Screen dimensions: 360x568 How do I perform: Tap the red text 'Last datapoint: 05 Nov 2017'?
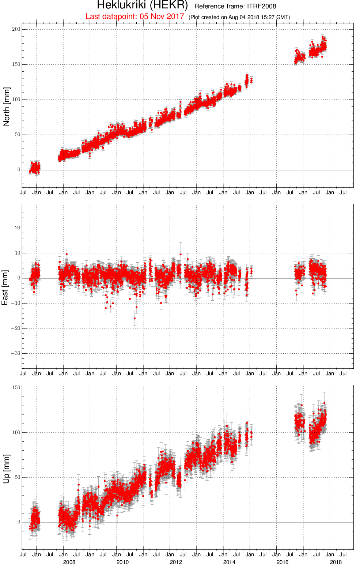(x=135, y=16)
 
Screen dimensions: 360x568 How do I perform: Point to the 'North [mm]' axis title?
(x=7, y=106)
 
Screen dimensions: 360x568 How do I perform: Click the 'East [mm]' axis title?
(x=5, y=287)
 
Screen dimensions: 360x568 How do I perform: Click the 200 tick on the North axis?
(x=16, y=29)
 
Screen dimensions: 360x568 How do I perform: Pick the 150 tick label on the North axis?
(x=16, y=64)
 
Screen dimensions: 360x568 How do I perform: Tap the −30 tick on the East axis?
(x=15, y=353)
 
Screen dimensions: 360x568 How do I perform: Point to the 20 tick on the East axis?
(x=18, y=228)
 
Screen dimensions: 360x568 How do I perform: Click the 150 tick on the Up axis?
(x=16, y=387)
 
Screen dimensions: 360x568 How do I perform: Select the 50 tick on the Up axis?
(x=18, y=477)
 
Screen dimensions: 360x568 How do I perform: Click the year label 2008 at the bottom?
(x=69, y=562)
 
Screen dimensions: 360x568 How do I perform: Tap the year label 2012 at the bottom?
(x=176, y=562)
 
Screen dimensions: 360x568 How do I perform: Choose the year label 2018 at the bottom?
(x=336, y=562)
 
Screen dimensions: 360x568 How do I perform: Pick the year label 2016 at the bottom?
(x=283, y=562)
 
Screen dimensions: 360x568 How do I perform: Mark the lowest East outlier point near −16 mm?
(x=135, y=319)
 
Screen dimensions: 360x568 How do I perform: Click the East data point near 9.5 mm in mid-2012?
(x=181, y=254)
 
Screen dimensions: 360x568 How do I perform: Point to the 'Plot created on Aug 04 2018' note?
(x=239, y=17)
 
